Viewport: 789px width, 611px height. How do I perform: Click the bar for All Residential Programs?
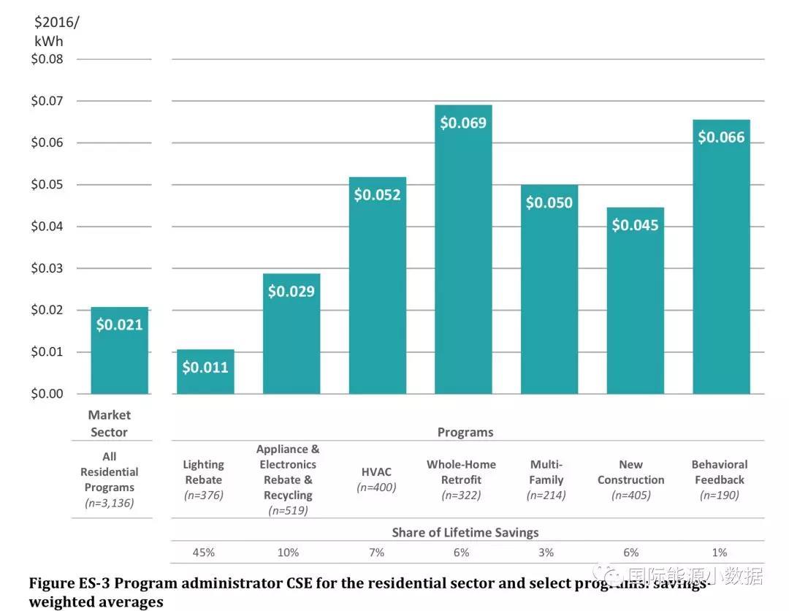[119, 351]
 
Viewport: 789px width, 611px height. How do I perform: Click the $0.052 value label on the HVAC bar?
[378, 195]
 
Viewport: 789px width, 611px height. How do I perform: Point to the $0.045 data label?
[635, 225]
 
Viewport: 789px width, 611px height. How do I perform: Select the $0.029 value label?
[291, 292]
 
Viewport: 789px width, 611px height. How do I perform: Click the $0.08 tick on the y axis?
[47, 59]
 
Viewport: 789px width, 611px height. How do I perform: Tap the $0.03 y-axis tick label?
[47, 268]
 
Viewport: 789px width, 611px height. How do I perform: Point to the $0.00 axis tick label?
[47, 394]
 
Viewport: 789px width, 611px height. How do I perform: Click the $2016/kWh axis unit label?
[56, 31]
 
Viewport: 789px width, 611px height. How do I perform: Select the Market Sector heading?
[109, 424]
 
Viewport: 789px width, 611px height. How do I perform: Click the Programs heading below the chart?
[465, 432]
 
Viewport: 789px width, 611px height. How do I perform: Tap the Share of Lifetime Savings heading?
[465, 532]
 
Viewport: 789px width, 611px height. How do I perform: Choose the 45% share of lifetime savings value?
[203, 553]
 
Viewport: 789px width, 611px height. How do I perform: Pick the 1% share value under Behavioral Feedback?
[720, 553]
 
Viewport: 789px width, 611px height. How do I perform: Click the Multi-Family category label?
[546, 472]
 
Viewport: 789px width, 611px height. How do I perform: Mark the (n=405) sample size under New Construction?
[630, 496]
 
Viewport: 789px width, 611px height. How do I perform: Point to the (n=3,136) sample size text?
[109, 503]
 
